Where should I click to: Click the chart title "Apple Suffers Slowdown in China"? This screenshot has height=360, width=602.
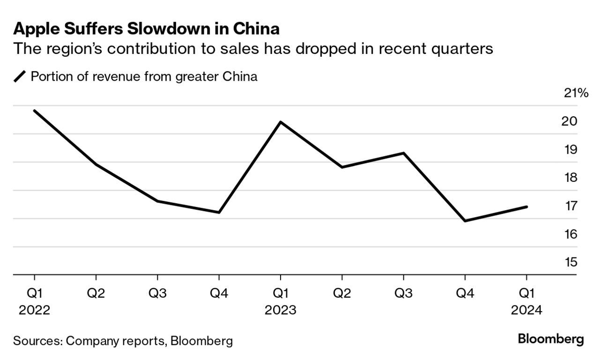click(x=146, y=29)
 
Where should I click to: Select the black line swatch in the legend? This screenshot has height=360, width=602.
click(x=21, y=76)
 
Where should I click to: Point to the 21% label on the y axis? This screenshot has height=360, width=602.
click(x=576, y=93)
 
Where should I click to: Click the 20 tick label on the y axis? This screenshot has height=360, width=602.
click(x=569, y=121)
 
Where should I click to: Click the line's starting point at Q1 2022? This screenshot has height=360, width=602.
click(x=34, y=111)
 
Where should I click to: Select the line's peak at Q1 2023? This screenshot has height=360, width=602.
click(x=280, y=122)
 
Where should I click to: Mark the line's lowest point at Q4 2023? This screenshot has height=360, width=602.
click(x=465, y=221)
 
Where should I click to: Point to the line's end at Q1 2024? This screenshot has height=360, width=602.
click(x=527, y=207)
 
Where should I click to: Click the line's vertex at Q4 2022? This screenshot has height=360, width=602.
click(x=219, y=212)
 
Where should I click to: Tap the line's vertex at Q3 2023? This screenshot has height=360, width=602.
click(x=403, y=153)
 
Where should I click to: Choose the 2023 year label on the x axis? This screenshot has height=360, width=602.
click(x=280, y=310)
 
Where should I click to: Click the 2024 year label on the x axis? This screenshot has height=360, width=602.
click(x=527, y=310)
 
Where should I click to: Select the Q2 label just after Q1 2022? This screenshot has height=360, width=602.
click(x=96, y=293)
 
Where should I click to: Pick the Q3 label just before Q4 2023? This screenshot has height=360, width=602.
click(x=403, y=293)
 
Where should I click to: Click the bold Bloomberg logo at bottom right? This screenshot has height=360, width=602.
click(x=551, y=339)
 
